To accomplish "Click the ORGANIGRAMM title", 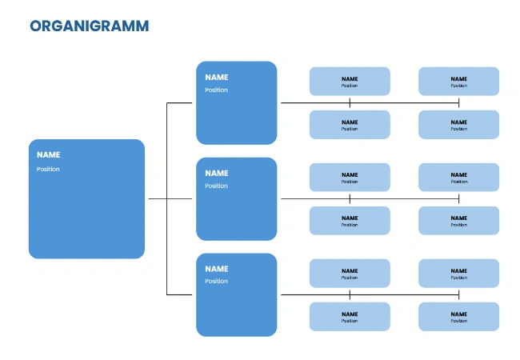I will coord(89,26).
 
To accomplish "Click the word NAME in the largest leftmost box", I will coord(48,155).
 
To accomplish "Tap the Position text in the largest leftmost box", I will coord(48,169).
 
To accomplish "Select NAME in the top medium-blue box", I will coord(216,78).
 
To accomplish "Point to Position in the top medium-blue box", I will coord(216,90).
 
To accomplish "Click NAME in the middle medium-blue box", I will coord(216,173).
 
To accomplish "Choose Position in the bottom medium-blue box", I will coord(216,281).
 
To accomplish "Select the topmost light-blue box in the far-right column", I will coord(458,81).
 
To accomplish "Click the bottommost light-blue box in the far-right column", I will coord(458,316).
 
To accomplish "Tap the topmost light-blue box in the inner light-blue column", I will coord(350,81).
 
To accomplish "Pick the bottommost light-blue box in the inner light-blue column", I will coord(350,316).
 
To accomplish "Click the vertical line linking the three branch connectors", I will coord(166,198).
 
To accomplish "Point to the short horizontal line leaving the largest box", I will coord(157,198).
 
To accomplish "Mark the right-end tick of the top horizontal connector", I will coord(458,102).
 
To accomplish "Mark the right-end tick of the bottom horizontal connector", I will coord(458,294).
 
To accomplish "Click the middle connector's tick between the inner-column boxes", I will coord(350,198).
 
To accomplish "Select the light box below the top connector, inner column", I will coord(350,125).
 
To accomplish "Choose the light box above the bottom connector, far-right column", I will coord(458,274).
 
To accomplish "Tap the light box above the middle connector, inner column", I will coord(350,178).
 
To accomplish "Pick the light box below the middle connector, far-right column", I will coord(458,221).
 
